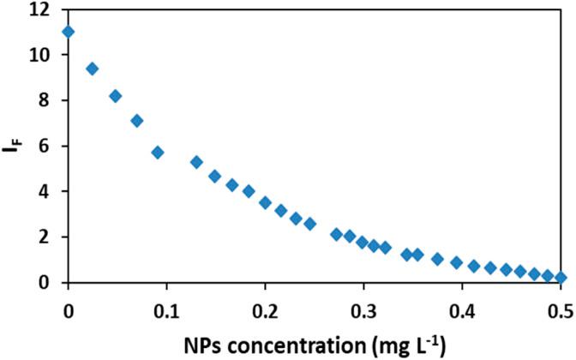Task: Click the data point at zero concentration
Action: [69, 32]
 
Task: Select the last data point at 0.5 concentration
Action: [561, 278]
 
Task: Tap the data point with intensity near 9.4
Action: [93, 69]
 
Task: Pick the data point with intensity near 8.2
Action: [116, 96]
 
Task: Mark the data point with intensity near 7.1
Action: [136, 121]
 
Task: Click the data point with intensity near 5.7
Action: [158, 153]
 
